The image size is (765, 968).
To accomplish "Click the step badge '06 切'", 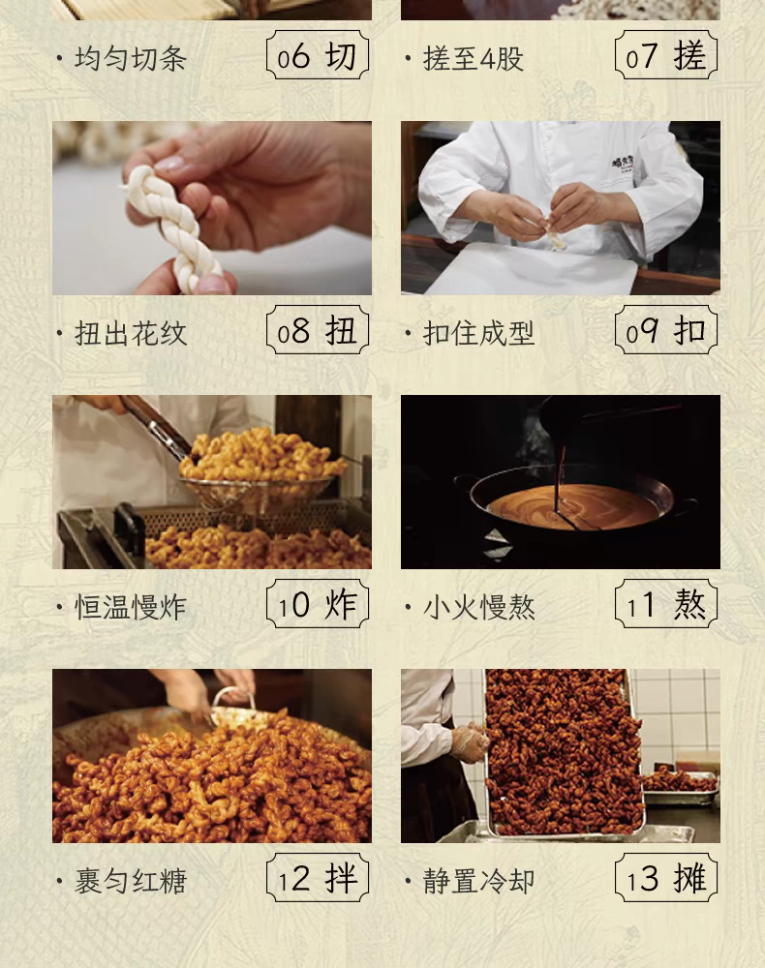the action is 318,55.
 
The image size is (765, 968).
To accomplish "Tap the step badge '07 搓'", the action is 666,55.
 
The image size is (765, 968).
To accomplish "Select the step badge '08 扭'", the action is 318,330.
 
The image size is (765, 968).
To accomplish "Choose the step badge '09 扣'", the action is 666,330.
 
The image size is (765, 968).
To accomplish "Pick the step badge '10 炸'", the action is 318,604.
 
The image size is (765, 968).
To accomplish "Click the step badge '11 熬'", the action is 666,604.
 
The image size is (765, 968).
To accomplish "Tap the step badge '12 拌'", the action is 318,878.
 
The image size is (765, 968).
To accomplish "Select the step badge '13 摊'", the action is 666,878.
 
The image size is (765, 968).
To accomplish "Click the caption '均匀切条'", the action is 131,59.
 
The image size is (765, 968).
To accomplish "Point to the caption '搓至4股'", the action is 473,59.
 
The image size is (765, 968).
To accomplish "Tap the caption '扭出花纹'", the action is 131,333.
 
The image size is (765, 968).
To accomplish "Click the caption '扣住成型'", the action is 478,333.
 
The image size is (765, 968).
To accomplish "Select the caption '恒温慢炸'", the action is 131,608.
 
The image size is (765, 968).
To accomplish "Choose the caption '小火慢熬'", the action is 478,608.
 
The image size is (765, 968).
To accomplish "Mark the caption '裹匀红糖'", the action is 131,882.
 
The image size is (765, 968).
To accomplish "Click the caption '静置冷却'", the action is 478,882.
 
